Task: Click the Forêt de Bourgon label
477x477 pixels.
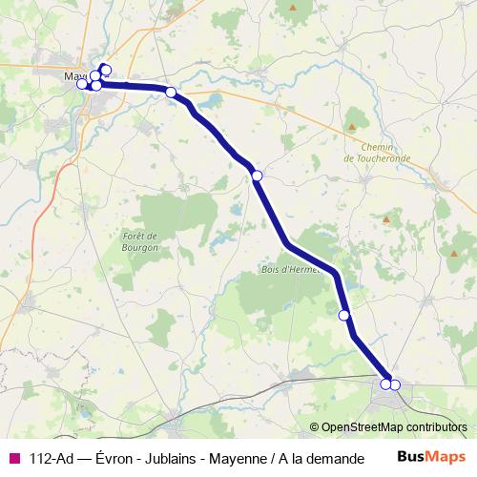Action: pos(140,240)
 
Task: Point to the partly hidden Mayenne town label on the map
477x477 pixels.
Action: pos(72,75)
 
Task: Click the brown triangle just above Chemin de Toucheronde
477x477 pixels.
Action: pos(353,125)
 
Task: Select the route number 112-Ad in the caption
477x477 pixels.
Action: pos(52,459)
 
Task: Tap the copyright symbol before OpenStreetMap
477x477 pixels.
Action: pos(314,428)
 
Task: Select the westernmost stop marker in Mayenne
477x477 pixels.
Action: pos(82,83)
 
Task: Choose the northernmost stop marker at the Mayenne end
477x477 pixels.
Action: pos(105,70)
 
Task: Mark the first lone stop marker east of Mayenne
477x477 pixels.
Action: pos(171,93)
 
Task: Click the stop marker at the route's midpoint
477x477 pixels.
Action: pos(257,175)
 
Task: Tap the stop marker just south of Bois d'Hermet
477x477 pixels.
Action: pos(343,315)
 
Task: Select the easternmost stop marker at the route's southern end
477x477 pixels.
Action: pos(395,384)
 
